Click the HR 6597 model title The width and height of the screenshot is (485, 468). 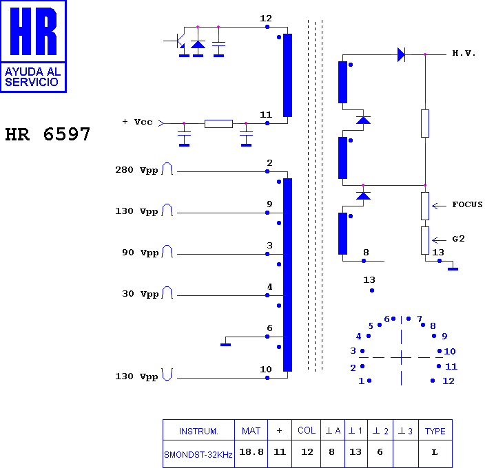[x=48, y=134]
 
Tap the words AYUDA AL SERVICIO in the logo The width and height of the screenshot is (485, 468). [x=32, y=77]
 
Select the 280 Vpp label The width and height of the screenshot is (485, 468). [x=136, y=170]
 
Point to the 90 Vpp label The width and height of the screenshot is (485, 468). [x=140, y=253]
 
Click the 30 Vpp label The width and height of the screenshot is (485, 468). [x=140, y=294]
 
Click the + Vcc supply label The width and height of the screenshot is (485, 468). [x=137, y=122]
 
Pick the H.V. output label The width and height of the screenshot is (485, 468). [x=464, y=53]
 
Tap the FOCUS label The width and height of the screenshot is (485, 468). [x=467, y=204]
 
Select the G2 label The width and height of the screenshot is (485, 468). [x=458, y=239]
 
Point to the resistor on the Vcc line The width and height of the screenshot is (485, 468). [x=218, y=124]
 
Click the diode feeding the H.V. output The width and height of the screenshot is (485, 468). [x=401, y=54]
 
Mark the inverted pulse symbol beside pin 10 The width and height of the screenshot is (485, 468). [x=167, y=374]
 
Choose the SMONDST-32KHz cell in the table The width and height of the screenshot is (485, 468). [x=198, y=455]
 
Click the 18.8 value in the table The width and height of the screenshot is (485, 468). [x=251, y=452]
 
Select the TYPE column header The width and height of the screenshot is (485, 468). [x=435, y=432]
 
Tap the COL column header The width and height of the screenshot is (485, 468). [x=307, y=431]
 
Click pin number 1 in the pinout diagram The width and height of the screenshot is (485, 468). [x=361, y=381]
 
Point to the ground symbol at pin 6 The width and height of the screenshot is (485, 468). [x=225, y=345]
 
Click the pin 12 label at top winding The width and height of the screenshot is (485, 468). [x=266, y=19]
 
